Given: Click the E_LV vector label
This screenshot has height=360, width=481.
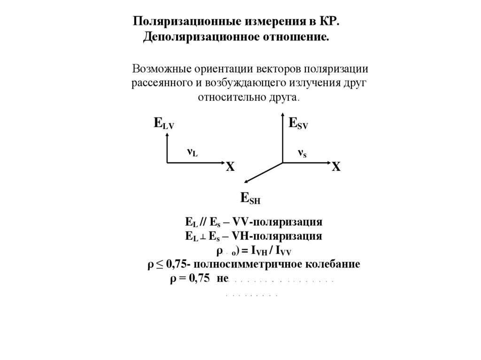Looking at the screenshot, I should [163, 124].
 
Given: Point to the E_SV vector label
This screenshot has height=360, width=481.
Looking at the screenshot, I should [298, 124].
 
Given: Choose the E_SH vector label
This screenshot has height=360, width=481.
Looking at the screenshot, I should [250, 198].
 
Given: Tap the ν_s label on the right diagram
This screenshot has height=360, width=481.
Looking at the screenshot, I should [302, 153].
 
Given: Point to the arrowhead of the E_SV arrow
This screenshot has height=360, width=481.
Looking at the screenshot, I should [282, 115].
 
